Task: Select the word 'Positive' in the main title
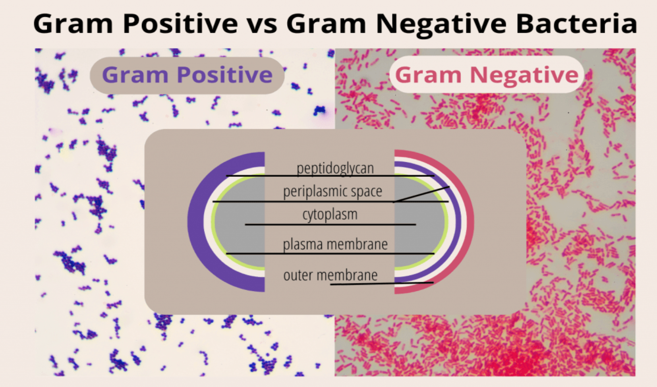pos(180,23)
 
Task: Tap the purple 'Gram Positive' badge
pos(187,75)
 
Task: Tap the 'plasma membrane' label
pos(335,244)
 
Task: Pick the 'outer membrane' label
pos(330,275)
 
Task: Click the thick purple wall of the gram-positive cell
pos(196,222)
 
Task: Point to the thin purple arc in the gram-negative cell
pos(458,222)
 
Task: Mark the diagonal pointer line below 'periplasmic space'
pos(421,194)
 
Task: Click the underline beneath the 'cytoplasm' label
pos(330,225)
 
